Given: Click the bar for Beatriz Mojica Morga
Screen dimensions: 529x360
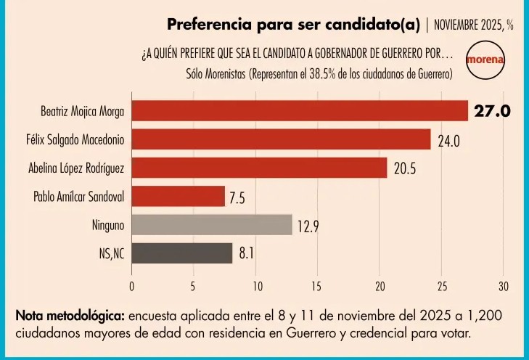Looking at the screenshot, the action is (300, 110).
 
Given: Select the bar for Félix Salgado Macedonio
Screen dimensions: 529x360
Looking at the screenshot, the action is (281, 139).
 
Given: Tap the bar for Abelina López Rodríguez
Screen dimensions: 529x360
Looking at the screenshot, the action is (259, 168).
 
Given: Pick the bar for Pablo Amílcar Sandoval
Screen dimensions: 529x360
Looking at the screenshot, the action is (178, 196).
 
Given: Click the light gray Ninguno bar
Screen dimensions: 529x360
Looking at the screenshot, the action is (212, 225).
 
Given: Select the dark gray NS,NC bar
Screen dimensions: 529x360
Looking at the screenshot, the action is (182, 253).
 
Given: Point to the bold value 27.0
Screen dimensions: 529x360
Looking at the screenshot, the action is (492, 111).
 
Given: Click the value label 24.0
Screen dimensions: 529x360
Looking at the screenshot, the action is (448, 141).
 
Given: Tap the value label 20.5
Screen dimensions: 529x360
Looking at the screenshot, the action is (405, 168).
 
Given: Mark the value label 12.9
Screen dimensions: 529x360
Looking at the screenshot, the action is (308, 226).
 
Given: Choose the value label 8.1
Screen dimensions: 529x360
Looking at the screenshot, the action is (246, 253).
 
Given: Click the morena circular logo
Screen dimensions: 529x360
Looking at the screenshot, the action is (485, 60).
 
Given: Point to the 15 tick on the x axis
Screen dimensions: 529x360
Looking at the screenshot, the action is (316, 287).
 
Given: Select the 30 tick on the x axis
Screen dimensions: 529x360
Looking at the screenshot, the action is (504, 287).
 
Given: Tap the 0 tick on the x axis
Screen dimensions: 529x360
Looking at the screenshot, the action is (131, 287).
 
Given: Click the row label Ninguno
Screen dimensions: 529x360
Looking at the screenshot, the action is (108, 225).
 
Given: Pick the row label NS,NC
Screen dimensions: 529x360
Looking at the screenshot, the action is (112, 254).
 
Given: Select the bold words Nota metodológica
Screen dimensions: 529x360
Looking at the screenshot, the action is (70, 316).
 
